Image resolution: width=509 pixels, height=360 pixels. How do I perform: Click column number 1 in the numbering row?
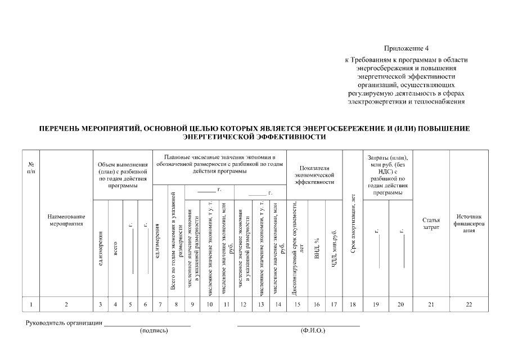coord(31,304)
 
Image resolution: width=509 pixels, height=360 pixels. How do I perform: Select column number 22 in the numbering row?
coord(469,304)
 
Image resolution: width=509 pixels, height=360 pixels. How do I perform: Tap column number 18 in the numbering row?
coord(353,304)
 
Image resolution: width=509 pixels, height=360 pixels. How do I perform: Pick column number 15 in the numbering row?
coord(298,304)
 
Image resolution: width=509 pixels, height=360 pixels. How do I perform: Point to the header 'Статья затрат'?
coord(431,223)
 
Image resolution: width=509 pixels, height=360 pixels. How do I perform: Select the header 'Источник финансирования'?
coord(469,223)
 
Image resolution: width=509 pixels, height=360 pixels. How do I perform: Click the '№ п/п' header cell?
coord(31,167)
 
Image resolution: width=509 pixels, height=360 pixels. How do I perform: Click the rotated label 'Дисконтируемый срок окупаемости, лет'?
coord(298,247)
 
